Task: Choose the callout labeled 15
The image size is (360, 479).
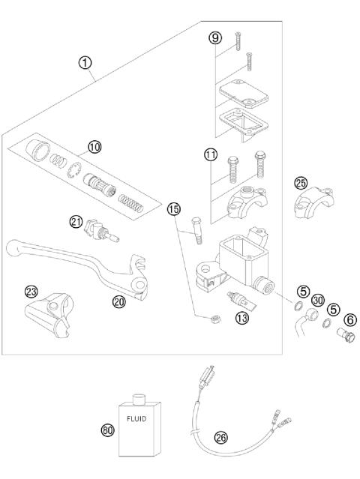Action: pos(174,209)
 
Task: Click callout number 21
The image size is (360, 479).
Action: pos(76,221)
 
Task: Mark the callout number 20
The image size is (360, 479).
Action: pos(118,302)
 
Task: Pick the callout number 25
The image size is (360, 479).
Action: pos(301,183)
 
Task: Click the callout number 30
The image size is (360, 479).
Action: pos(317,300)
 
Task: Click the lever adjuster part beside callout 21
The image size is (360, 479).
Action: pos(97,227)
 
